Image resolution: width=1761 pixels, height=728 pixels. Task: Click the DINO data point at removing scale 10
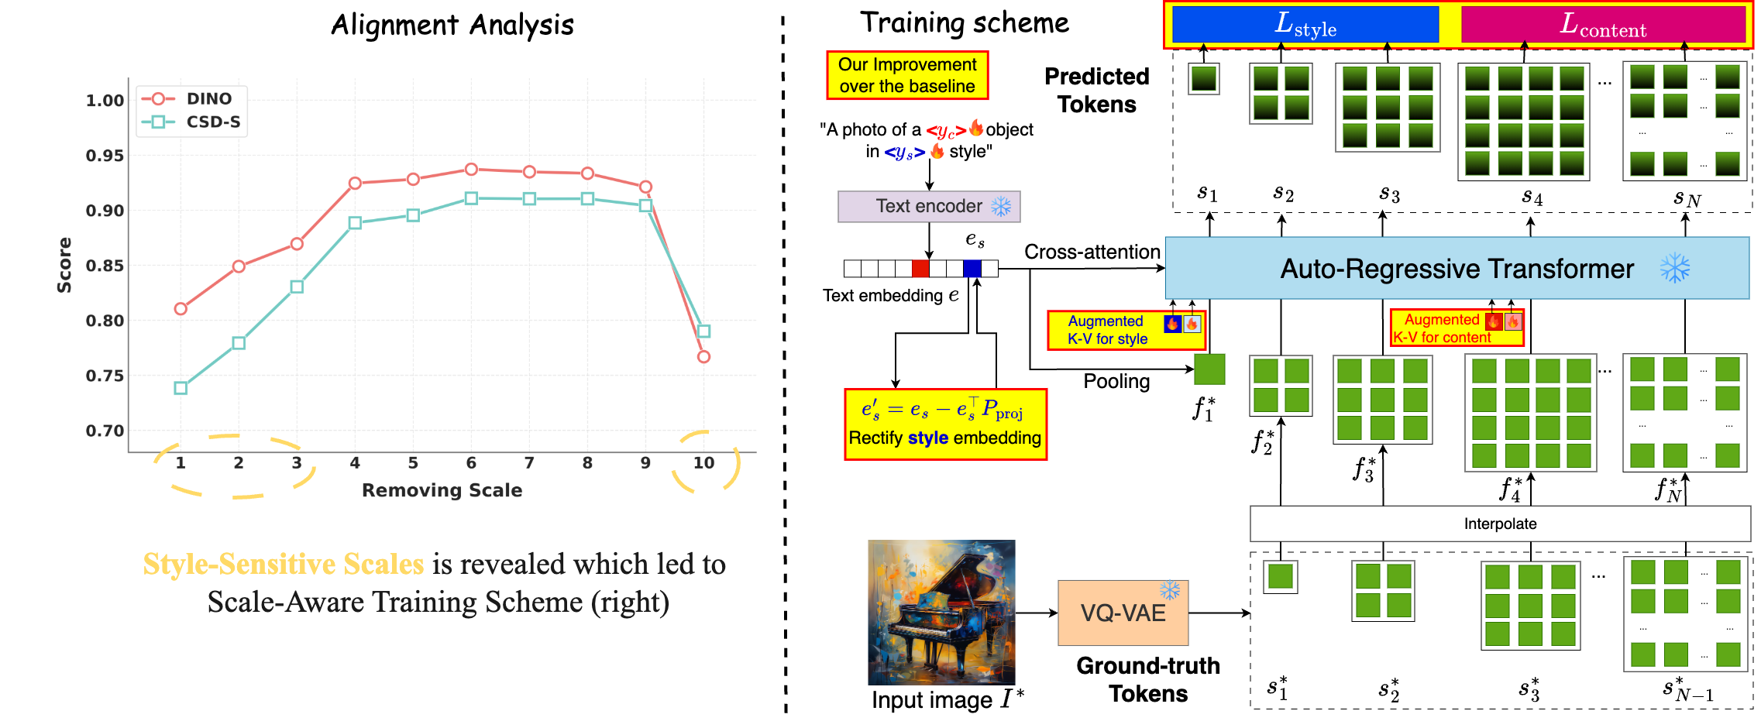[x=703, y=357]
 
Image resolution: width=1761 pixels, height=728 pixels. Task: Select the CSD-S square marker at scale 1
[x=181, y=388]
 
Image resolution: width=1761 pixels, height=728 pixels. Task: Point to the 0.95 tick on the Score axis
[x=105, y=156]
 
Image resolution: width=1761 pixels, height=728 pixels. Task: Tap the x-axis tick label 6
[x=471, y=463]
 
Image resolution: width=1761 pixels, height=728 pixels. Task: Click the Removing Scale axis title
[x=442, y=490]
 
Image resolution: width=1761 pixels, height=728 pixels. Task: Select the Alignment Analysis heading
[x=452, y=26]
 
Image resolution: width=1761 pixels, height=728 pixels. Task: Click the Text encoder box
[x=929, y=207]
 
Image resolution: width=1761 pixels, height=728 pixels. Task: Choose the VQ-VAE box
[x=1123, y=613]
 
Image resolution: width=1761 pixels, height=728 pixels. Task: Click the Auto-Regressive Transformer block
[x=1457, y=269]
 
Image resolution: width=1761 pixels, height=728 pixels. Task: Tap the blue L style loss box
[x=1305, y=25]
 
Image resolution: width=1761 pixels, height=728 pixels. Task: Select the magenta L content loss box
[x=1602, y=25]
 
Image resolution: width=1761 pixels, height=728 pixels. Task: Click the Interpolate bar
[x=1500, y=524]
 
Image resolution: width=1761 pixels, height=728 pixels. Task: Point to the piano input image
[x=941, y=612]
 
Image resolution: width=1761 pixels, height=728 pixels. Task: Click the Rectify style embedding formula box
[x=945, y=424]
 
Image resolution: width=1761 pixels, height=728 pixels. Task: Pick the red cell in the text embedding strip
[x=920, y=269]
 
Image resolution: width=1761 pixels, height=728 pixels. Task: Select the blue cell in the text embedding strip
[x=972, y=269]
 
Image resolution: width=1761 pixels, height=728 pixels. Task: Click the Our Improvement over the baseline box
[x=907, y=75]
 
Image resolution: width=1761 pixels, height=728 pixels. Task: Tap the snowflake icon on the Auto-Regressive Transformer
[x=1675, y=269]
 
